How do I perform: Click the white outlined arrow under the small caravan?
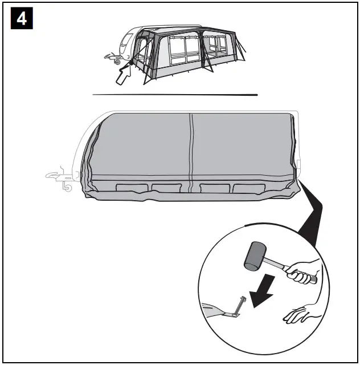click(x=123, y=75)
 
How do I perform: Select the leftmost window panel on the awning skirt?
click(x=132, y=188)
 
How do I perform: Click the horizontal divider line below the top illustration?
click(x=175, y=95)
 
